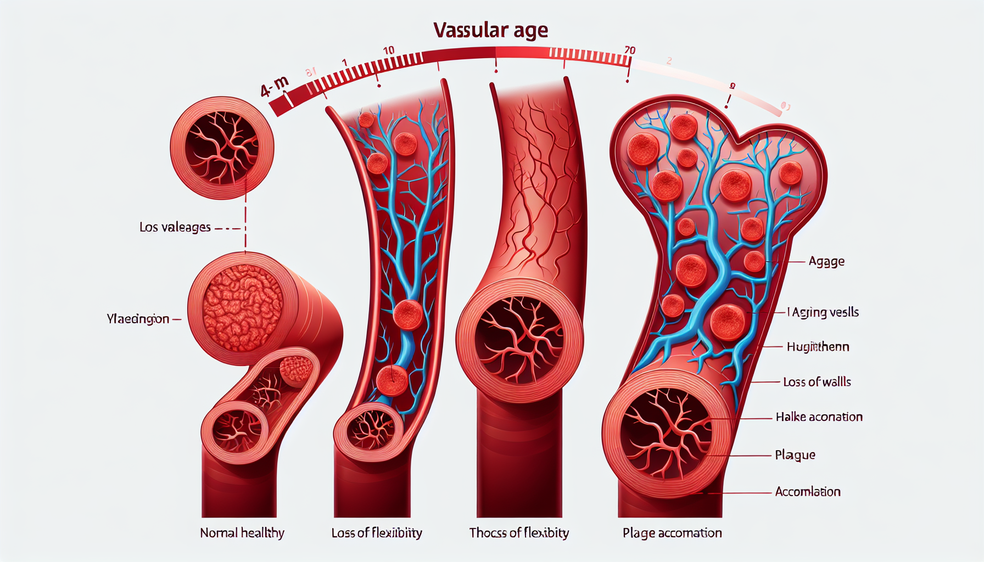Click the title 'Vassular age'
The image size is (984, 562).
(x=490, y=30)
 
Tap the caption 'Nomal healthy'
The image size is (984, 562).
(x=242, y=533)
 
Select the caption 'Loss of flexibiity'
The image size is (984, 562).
(x=377, y=533)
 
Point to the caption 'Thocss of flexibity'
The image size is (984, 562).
(x=519, y=533)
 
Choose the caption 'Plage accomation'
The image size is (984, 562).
(x=672, y=533)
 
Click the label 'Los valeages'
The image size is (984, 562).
(x=175, y=227)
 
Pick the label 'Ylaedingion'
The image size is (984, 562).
(x=138, y=319)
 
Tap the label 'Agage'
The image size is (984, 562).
(x=826, y=262)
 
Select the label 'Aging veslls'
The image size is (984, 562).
(x=824, y=312)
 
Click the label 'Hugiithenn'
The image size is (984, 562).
(x=818, y=347)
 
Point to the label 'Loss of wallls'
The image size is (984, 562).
(x=817, y=382)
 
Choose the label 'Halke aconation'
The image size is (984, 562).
(x=819, y=417)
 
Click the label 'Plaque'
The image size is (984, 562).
(x=795, y=455)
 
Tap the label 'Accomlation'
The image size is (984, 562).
(x=808, y=492)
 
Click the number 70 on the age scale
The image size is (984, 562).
(x=630, y=50)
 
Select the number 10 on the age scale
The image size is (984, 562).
(x=388, y=50)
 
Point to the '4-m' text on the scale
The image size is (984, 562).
(x=274, y=86)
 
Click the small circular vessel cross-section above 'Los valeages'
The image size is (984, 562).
(x=222, y=147)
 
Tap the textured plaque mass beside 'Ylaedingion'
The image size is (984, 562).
(x=243, y=307)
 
